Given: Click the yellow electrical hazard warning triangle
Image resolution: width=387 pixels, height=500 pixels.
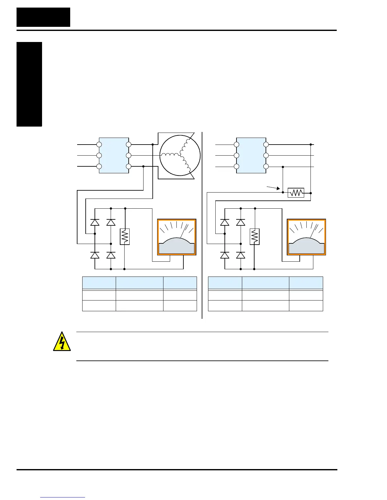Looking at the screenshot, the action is coord(62,342).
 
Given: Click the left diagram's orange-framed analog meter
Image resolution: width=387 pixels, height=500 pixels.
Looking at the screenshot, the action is coord(177,237).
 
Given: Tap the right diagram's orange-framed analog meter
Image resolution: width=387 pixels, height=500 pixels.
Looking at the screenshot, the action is coord(306,237).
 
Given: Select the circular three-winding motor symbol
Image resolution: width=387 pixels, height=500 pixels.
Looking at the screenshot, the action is coord(180,155).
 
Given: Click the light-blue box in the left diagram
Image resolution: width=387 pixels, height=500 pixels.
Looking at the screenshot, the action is coord(114,155).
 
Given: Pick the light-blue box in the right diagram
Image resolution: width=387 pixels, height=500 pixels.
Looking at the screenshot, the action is coord(251,155).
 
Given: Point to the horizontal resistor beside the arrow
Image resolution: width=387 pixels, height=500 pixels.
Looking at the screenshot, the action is coord(296,193).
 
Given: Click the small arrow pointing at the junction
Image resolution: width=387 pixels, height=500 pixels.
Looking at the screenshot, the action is coord(274,188).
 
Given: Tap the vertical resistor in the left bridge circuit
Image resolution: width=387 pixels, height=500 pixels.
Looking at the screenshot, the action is coord(125,237).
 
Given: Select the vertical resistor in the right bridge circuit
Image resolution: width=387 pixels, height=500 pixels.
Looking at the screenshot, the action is coord(255,237).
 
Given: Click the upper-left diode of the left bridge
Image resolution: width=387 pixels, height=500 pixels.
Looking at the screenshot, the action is coord(95,222).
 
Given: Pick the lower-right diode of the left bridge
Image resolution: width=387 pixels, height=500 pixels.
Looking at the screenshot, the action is coord(111,255).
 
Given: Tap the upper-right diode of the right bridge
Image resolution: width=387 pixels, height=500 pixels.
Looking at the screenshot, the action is coord(241,222).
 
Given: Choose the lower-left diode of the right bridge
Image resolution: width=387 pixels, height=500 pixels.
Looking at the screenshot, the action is coord(225,255).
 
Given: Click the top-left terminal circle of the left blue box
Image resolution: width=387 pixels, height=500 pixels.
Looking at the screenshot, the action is coord(99,145).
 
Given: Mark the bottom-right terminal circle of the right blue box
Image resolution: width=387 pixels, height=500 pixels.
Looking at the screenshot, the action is coord(266,166).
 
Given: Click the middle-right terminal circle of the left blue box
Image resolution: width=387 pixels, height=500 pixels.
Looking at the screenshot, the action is coord(128,155).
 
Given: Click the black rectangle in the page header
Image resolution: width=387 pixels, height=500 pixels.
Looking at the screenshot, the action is coord(43,17).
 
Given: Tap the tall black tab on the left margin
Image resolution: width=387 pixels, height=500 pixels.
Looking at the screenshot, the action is coord(29,84).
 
